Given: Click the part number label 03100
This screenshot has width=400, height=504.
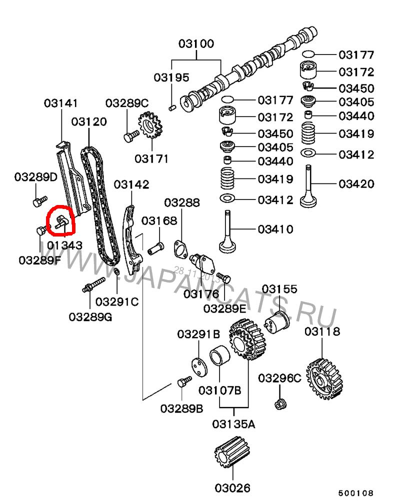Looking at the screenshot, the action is (x=196, y=43).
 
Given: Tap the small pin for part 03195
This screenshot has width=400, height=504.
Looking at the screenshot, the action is (x=172, y=107).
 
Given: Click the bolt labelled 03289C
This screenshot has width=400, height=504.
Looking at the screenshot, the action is (x=131, y=135).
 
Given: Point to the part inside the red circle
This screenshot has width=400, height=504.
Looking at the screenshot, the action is (x=61, y=222).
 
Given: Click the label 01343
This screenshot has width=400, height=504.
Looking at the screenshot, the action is (x=64, y=245).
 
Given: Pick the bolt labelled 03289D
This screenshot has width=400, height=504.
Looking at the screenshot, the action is (x=40, y=201).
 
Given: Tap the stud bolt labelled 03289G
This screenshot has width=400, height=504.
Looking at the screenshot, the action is (x=93, y=285).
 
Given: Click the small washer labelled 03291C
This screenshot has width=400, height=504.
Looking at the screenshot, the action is (x=117, y=272).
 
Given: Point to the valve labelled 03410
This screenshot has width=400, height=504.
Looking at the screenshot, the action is (x=227, y=231).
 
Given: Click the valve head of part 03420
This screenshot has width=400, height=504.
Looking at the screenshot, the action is (x=308, y=201).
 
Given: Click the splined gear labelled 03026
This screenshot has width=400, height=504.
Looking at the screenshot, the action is (x=231, y=452).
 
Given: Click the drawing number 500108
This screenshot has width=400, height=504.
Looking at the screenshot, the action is (x=356, y=493).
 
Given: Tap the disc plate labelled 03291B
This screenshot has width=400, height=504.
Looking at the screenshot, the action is (x=199, y=367).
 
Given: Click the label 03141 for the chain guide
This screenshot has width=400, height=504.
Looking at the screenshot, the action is (x=61, y=103).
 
